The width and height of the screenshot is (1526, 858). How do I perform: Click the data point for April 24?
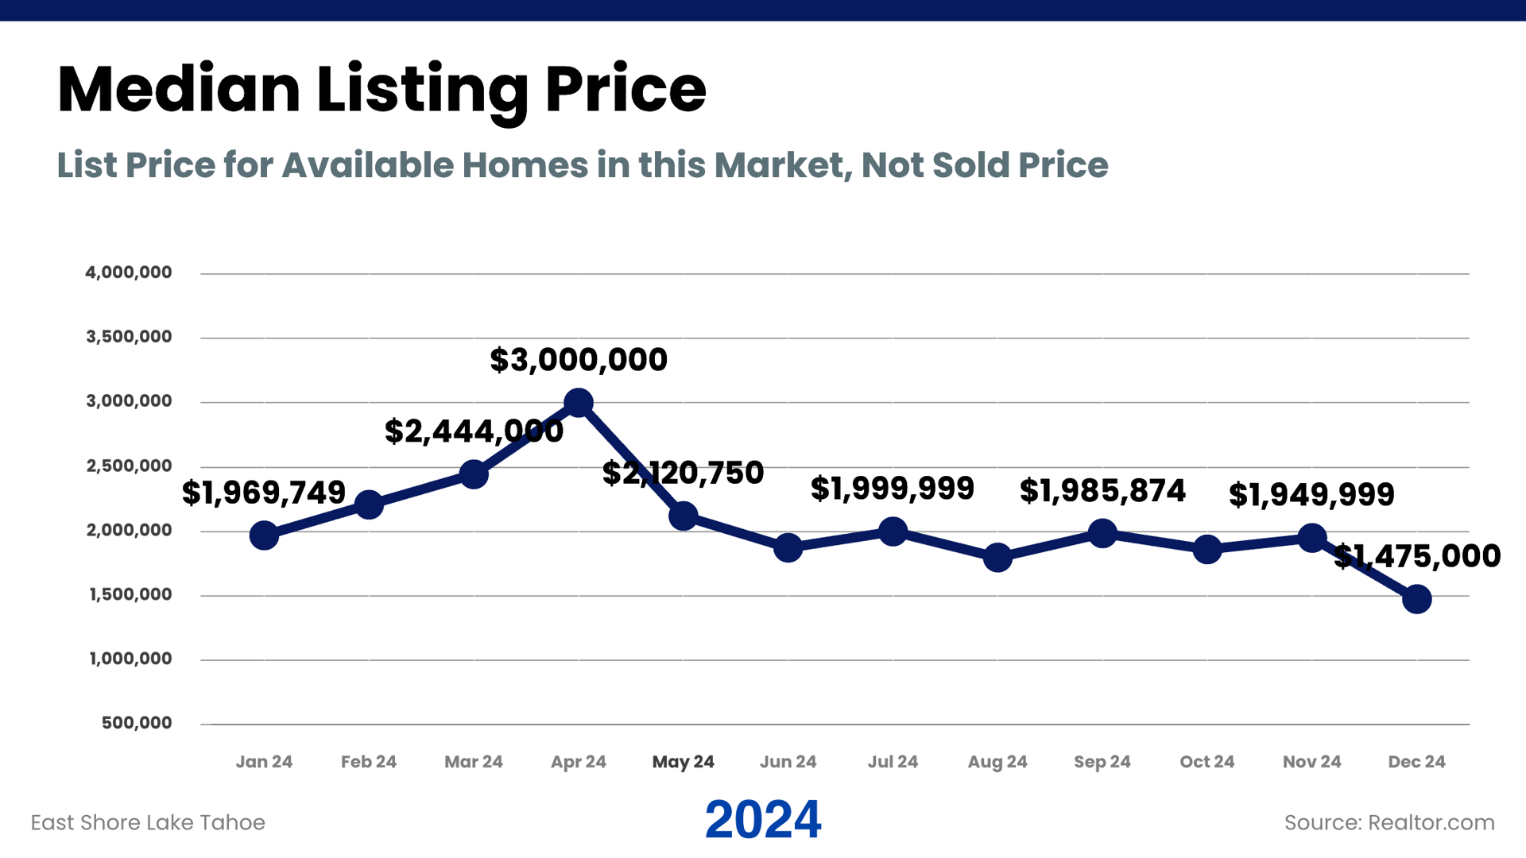pos(578,404)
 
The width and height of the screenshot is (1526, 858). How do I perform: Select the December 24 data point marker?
pos(1416,599)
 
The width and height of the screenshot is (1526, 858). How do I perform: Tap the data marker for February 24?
pos(369,504)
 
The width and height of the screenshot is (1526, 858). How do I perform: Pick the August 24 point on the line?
pos(997,558)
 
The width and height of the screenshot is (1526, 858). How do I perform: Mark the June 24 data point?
pos(788,547)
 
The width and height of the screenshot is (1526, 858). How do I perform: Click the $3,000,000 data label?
pos(578,360)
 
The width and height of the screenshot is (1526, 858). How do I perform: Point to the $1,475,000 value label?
pos(1416,556)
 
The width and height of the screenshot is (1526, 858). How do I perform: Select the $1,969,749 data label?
pos(264,493)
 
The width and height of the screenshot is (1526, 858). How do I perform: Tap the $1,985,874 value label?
pos(1102,491)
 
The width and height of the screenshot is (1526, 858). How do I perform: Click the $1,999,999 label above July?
pos(892,489)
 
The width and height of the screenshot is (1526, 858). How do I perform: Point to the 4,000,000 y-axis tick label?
pos(129,272)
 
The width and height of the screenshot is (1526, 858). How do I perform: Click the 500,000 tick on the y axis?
pos(137,723)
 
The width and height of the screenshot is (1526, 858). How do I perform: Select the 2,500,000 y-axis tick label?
pos(129,466)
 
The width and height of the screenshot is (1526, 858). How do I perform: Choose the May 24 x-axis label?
pos(683,762)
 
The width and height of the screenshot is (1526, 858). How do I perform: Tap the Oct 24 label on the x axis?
pos(1206,762)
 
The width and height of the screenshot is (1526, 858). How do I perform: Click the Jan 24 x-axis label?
pos(264,762)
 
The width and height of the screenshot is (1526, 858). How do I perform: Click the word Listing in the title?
pos(422,90)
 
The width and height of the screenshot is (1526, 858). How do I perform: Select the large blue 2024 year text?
pos(762,820)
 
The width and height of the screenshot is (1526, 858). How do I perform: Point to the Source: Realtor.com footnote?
pos(1389,822)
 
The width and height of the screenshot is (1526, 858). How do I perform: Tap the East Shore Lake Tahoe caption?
pos(148,822)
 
